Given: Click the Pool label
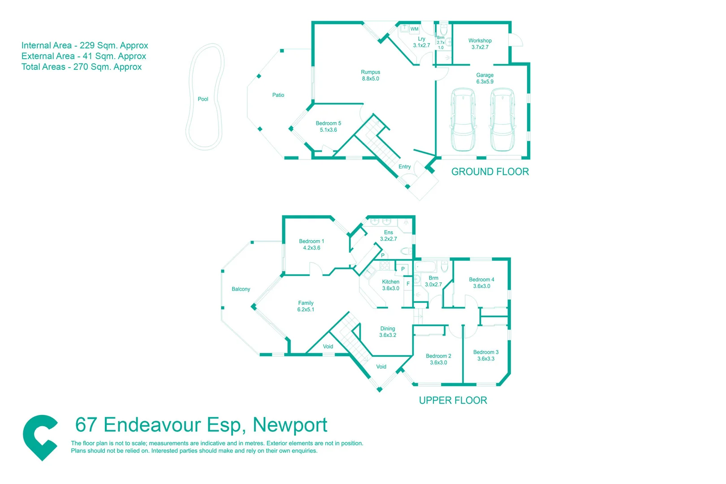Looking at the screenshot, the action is click(203, 99).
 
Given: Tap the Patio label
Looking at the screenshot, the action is click(278, 95).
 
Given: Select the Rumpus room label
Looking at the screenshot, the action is click(371, 75).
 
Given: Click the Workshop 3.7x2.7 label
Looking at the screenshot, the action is click(480, 44).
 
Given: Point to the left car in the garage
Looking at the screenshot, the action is click(463, 120).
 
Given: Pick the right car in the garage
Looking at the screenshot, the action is click(502, 120).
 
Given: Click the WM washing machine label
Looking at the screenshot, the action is click(414, 29).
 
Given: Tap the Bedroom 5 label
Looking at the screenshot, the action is click(328, 126).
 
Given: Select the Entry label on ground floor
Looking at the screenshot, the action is click(405, 167).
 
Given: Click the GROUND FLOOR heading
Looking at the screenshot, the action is click(490, 172).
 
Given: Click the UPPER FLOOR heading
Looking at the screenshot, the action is click(453, 400).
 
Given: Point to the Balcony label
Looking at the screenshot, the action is click(241, 289).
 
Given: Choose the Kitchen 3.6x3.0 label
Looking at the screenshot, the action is click(390, 285).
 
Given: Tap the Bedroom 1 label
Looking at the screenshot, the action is click(311, 244).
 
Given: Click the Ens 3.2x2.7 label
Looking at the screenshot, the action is click(388, 236).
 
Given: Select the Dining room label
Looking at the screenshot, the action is click(388, 332).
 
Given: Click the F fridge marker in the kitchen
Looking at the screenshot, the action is click(408, 284).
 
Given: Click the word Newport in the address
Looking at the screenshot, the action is click(290, 425).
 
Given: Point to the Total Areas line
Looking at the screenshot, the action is click(82, 67).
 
